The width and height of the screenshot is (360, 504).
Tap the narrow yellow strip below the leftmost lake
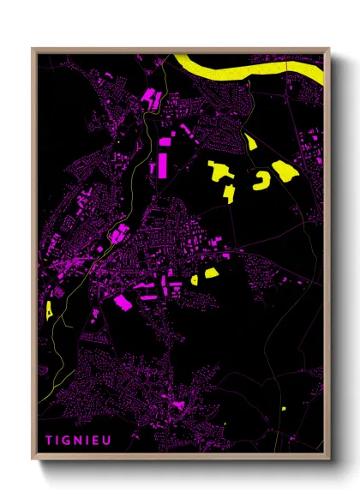(229, 193)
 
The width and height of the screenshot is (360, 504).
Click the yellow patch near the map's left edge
(51, 308)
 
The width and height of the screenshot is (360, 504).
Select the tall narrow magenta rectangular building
(160, 164)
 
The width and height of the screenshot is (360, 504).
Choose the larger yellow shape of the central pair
(209, 273)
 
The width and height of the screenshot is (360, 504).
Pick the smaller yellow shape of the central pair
(195, 279)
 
